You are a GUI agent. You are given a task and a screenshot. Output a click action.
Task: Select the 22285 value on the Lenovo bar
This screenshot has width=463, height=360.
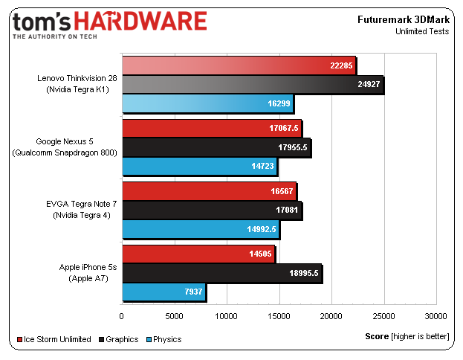[x=340, y=65]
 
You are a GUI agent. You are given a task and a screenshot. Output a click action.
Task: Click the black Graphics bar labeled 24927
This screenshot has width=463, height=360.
[x=253, y=86]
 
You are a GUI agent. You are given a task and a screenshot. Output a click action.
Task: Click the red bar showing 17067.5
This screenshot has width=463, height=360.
[x=211, y=128]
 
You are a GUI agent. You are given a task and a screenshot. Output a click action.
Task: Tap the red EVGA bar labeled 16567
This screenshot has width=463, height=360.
[x=208, y=191]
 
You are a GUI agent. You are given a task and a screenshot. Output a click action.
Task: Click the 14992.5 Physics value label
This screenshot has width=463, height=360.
[x=262, y=231]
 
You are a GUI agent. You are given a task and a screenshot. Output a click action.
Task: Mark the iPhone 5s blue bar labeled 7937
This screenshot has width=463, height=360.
[x=163, y=292]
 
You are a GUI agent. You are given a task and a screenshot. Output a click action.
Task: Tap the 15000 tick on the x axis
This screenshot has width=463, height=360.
[x=279, y=315]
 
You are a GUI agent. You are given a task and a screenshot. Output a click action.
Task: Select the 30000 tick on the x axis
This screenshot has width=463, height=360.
[x=436, y=315]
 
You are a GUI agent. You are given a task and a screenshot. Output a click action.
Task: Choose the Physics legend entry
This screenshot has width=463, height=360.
[x=163, y=339]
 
